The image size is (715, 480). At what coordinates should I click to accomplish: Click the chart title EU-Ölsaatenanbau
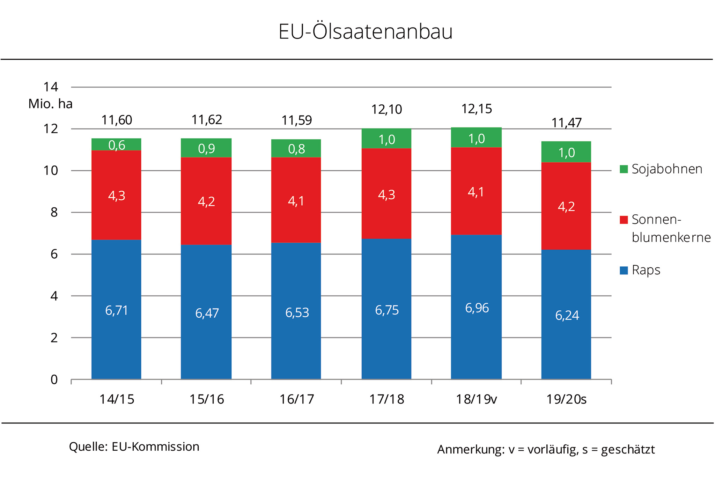(x=365, y=31)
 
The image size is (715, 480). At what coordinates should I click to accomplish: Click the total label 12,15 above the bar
(x=477, y=109)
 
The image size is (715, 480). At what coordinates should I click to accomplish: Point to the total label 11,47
(x=566, y=123)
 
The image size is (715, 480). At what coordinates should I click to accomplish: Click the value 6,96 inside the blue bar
(x=477, y=308)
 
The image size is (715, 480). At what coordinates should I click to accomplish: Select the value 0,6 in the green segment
(x=117, y=145)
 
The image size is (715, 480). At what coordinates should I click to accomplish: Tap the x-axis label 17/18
(x=386, y=399)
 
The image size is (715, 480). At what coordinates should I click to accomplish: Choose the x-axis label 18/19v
(x=476, y=399)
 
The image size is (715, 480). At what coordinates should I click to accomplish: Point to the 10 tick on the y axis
(x=50, y=171)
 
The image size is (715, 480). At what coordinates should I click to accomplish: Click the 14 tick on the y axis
(x=50, y=87)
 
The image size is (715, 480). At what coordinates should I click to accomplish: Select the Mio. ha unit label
(x=50, y=104)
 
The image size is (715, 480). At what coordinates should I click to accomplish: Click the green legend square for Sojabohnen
(x=624, y=169)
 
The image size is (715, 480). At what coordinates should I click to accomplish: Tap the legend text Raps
(x=646, y=270)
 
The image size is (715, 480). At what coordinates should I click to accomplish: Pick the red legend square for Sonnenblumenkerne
(x=624, y=220)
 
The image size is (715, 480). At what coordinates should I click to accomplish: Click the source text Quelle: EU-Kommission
(x=134, y=446)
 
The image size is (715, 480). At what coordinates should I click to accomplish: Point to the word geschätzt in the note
(x=628, y=450)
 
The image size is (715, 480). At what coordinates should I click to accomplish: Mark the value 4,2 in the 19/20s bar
(x=566, y=207)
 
